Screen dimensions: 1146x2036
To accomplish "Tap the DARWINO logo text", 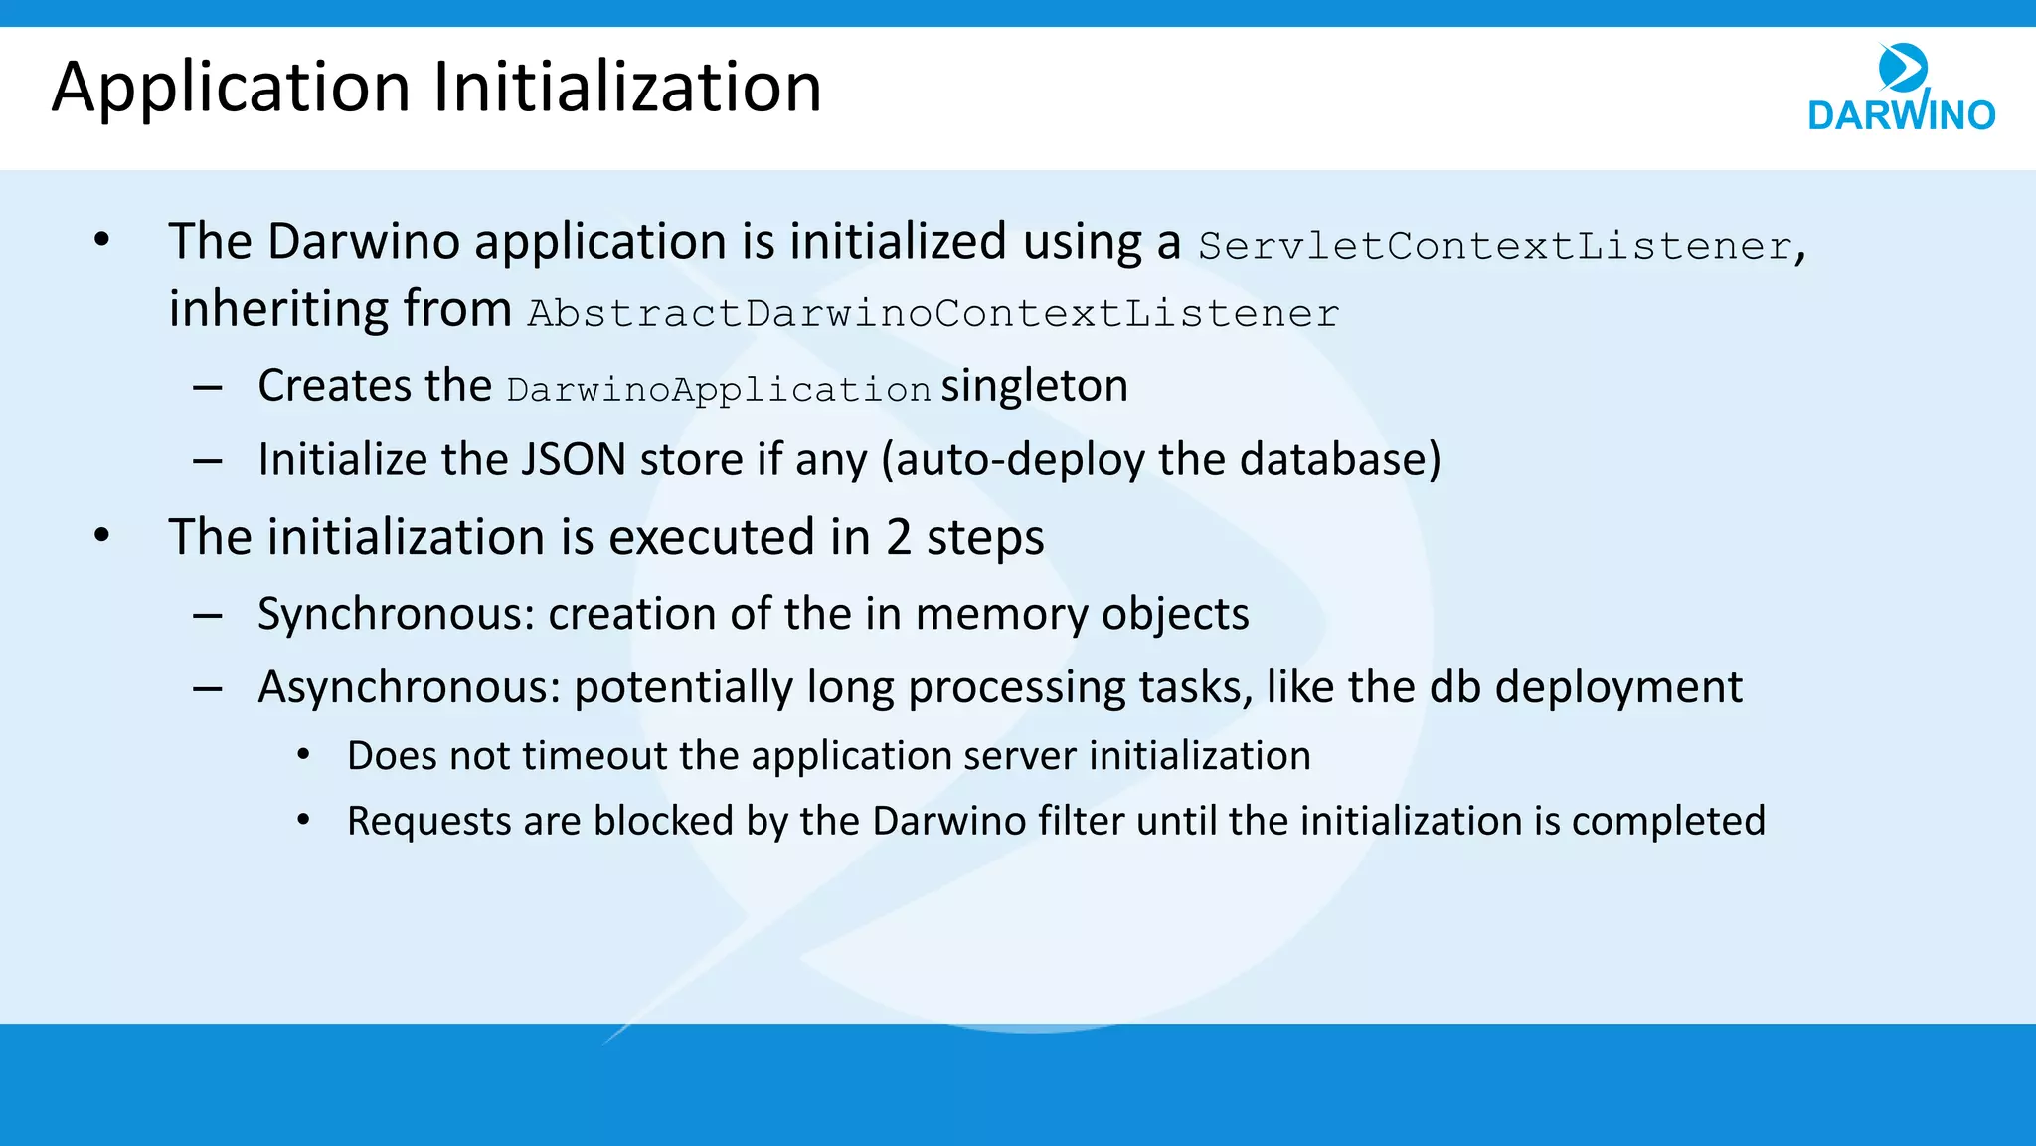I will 1901,115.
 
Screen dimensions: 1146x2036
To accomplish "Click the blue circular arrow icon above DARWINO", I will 1903,68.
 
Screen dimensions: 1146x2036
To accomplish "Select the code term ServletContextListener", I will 1495,246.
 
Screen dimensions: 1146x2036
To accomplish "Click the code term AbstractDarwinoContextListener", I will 933,314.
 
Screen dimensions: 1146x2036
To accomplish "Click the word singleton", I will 1034,386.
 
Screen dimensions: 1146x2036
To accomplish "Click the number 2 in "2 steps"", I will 898,538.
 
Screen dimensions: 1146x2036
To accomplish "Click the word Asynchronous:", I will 410,688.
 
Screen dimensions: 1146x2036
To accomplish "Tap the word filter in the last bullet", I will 1081,822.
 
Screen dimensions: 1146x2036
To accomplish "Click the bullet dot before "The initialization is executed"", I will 101,536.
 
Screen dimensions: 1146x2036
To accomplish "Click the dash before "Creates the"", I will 208,387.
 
